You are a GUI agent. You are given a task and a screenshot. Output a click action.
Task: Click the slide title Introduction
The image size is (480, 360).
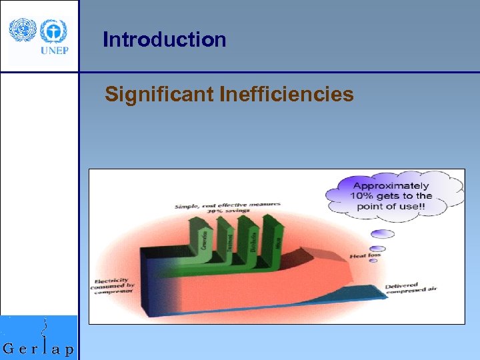[x=165, y=40]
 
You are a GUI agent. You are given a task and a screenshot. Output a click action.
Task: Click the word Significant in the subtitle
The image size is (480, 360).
[x=159, y=95]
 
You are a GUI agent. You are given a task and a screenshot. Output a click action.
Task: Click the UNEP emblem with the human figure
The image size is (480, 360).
[x=53, y=31]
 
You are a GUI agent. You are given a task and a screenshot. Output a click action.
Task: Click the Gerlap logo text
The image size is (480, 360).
[x=39, y=348]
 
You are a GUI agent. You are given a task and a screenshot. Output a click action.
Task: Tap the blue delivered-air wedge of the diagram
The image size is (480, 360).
[x=347, y=293]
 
